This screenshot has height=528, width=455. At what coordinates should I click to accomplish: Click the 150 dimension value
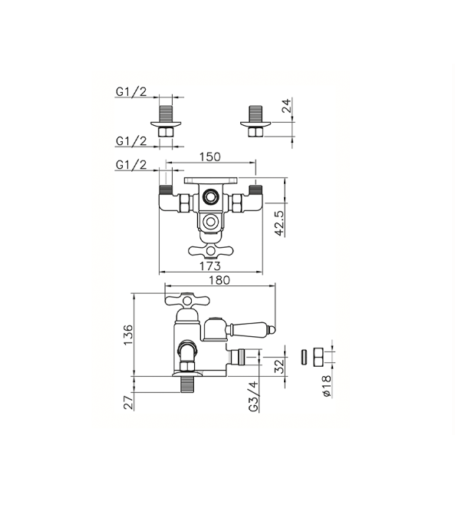[x=209, y=157]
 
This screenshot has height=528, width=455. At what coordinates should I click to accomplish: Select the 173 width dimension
[x=209, y=266]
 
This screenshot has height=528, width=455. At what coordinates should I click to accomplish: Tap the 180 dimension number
[x=219, y=280]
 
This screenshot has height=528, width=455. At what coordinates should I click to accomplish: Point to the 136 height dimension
[x=128, y=335]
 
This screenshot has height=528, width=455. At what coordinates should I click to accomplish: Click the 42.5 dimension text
[x=279, y=223]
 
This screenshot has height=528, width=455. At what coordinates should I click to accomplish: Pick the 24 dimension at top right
[x=286, y=106]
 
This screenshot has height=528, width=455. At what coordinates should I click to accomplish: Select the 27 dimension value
[x=128, y=402]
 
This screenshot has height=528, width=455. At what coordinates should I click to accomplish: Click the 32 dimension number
[x=279, y=366]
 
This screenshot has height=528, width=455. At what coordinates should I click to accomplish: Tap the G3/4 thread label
[x=254, y=396]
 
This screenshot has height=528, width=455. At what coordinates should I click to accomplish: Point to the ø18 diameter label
[x=327, y=386]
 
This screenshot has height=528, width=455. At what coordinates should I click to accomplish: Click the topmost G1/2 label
[x=131, y=91]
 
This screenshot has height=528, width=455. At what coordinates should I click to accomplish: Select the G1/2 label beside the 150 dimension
[x=131, y=165]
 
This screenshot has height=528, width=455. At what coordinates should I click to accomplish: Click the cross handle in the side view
[x=187, y=300]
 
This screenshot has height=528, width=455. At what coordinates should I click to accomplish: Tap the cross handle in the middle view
[x=210, y=250]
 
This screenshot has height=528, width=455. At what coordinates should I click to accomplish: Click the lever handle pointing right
[x=251, y=328]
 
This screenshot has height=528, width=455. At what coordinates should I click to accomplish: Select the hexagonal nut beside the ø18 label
[x=318, y=358]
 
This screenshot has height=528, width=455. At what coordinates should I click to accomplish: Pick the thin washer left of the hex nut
[x=304, y=357]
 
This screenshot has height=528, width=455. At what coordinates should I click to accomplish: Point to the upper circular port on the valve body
[x=210, y=196]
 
